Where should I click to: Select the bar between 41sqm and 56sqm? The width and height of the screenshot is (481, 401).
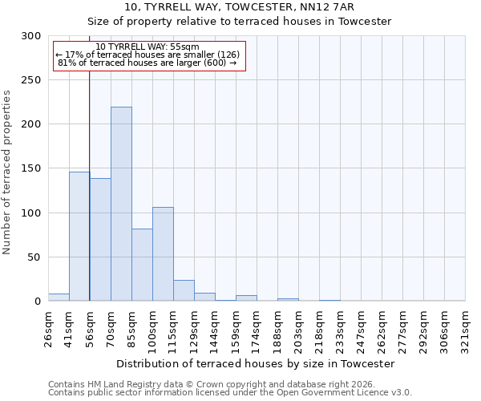79,237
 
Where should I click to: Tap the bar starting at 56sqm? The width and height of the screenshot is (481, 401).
100,240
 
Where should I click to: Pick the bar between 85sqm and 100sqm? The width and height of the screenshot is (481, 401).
142,265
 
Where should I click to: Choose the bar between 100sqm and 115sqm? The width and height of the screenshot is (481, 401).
163,254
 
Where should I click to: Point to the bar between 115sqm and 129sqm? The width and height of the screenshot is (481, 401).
184,290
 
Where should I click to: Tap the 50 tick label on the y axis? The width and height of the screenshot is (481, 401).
34,257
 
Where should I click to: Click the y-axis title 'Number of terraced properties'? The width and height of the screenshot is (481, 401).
7,172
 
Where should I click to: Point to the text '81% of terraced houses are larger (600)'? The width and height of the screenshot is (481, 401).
148,63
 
